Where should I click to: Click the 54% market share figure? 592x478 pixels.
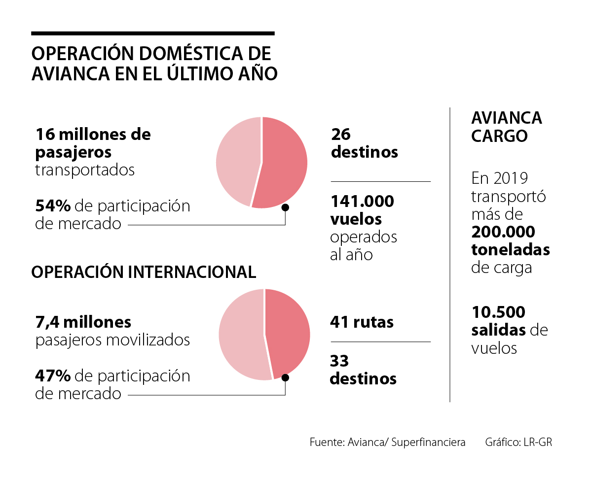pyautogui.click(x=53, y=206)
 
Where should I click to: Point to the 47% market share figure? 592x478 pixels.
pyautogui.click(x=53, y=376)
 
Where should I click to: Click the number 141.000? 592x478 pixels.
pyautogui.click(x=362, y=201)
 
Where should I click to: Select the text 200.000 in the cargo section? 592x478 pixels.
pyautogui.click(x=503, y=232)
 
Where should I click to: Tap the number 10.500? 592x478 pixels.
pyautogui.click(x=498, y=312)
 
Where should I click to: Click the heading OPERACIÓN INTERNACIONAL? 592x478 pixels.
pyautogui.click(x=144, y=272)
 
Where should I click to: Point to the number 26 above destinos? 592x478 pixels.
pyautogui.click(x=341, y=134)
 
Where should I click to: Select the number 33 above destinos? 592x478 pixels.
pyautogui.click(x=339, y=361)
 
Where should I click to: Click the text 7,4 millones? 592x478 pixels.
pyautogui.click(x=83, y=322)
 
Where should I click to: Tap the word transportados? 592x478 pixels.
pyautogui.click(x=85, y=170)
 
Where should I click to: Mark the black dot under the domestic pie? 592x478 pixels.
pyautogui.click(x=285, y=207)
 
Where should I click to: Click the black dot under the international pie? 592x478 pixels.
pyautogui.click(x=285, y=377)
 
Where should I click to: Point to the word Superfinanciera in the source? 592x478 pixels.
pyautogui.click(x=428, y=442)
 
